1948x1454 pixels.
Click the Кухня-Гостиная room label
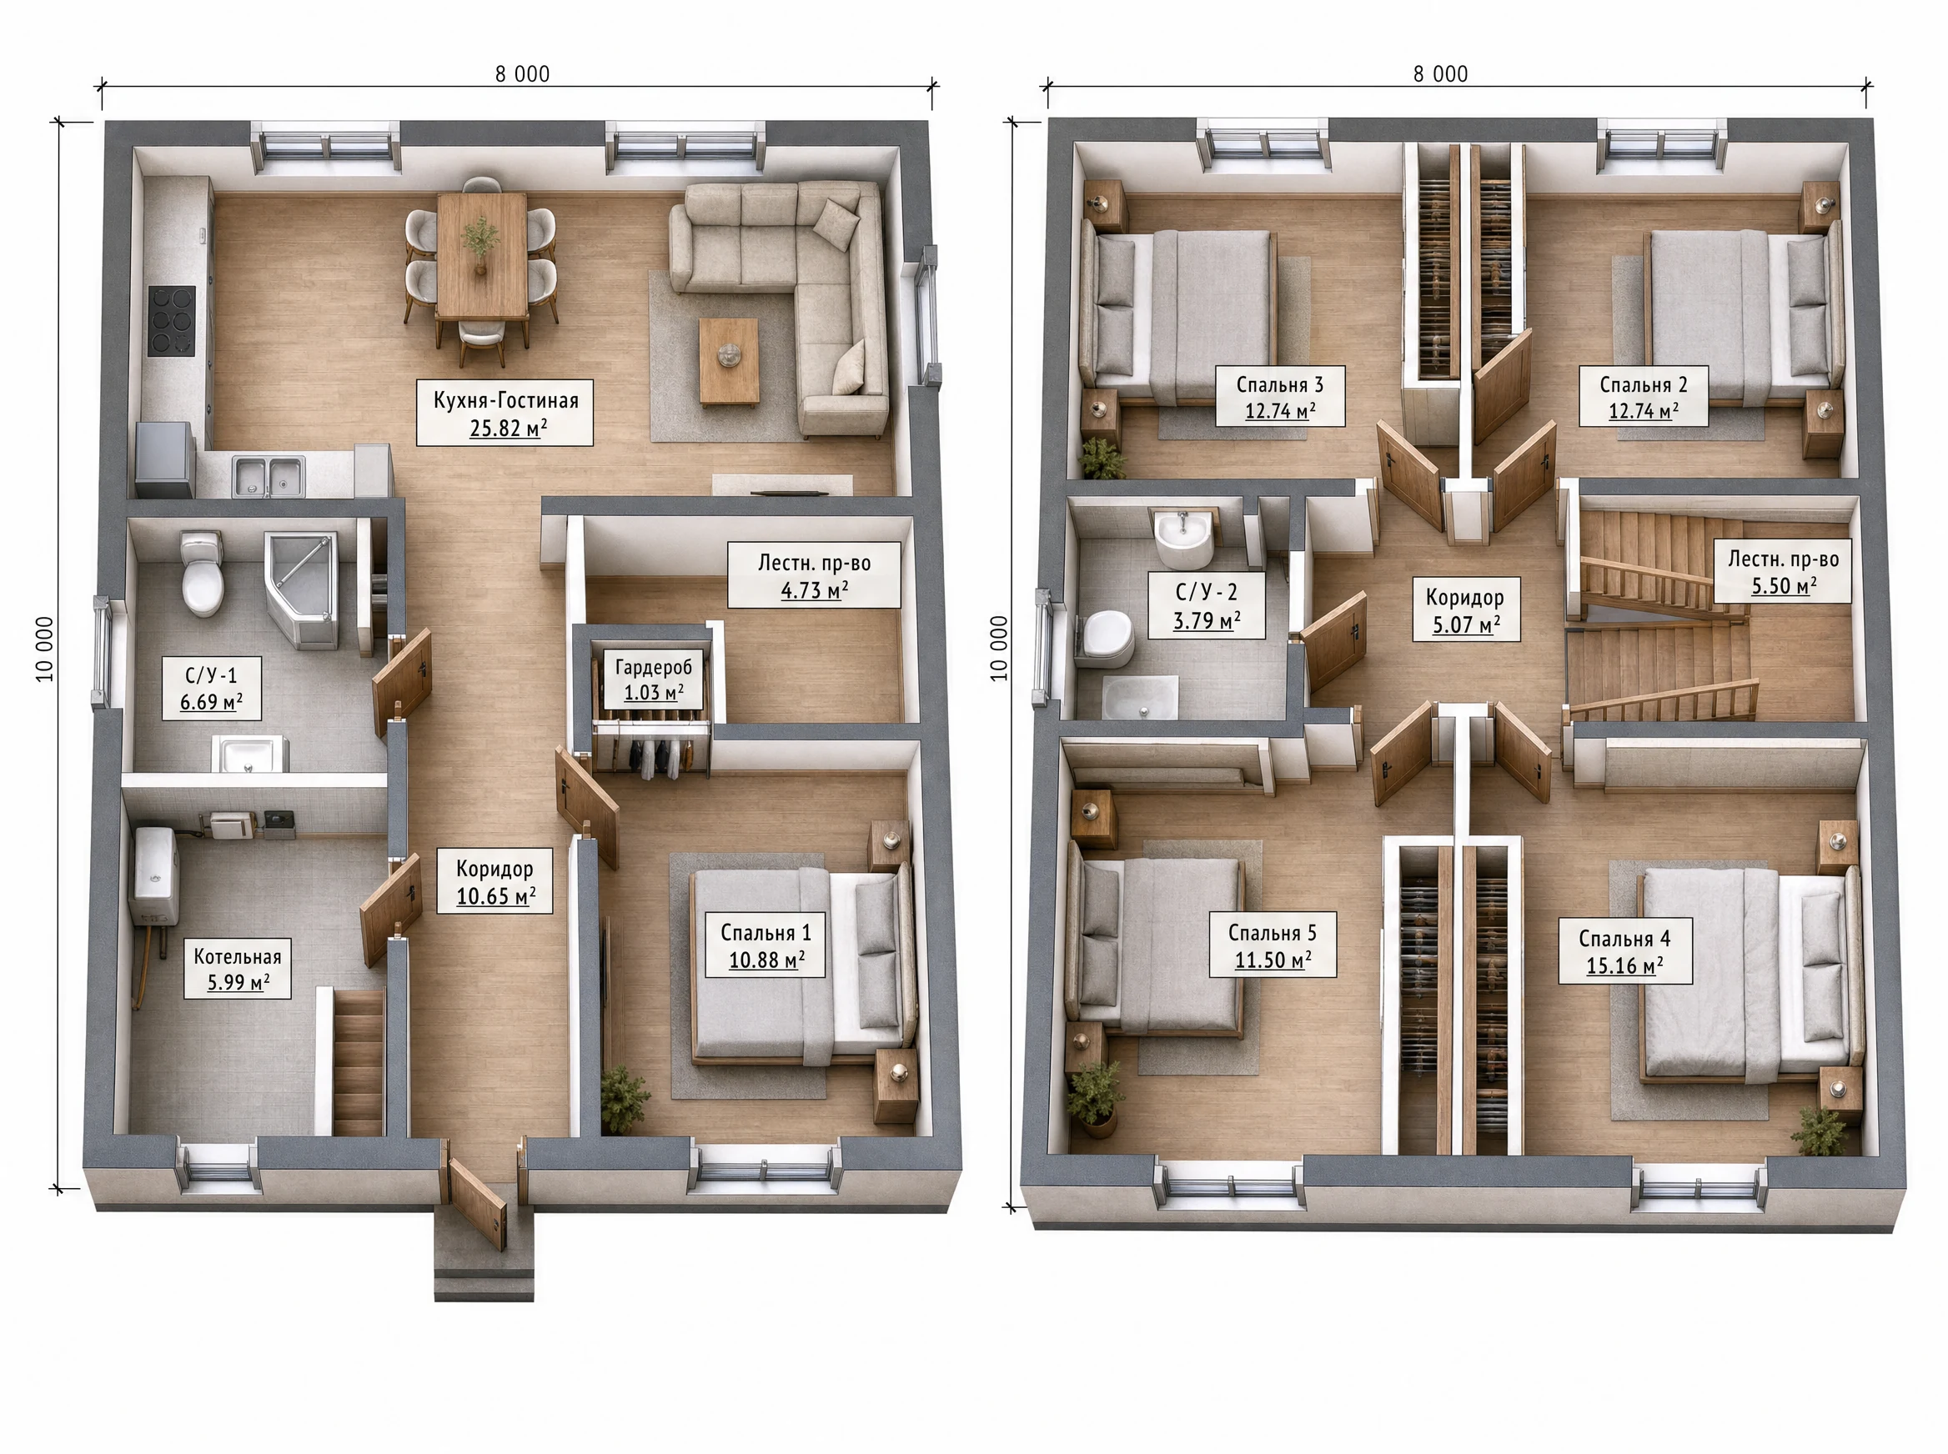[505, 413]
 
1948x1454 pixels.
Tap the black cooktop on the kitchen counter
[171, 320]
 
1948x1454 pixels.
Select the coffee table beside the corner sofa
[729, 362]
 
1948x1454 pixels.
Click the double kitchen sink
[269, 475]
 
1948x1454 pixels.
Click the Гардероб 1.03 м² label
[653, 679]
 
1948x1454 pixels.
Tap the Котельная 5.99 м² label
[238, 969]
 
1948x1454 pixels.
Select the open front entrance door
[478, 1204]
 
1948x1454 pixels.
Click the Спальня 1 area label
[765, 945]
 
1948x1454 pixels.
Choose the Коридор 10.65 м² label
[495, 881]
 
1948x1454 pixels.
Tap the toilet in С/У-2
[1107, 638]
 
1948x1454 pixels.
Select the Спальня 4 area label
[1625, 951]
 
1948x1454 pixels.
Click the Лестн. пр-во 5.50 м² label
[1784, 571]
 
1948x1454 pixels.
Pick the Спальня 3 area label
[1280, 396]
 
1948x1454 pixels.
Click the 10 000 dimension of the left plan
[44, 649]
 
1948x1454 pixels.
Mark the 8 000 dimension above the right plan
[1441, 74]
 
